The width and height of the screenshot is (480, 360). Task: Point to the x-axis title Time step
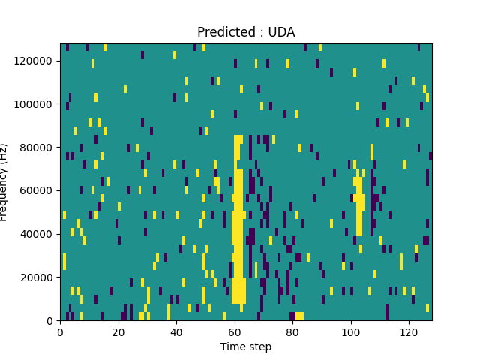pos(246,346)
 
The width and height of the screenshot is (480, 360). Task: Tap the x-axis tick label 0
pos(60,331)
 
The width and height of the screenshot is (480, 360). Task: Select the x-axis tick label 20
pos(118,331)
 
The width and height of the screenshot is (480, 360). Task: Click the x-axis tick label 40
pos(176,331)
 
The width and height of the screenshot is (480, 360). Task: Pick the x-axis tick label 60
pos(234,331)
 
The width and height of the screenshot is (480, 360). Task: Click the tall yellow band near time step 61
pos(238,225)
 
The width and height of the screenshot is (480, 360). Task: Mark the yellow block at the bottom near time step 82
pos(299,316)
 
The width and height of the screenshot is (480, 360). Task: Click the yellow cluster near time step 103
pos(359,199)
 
